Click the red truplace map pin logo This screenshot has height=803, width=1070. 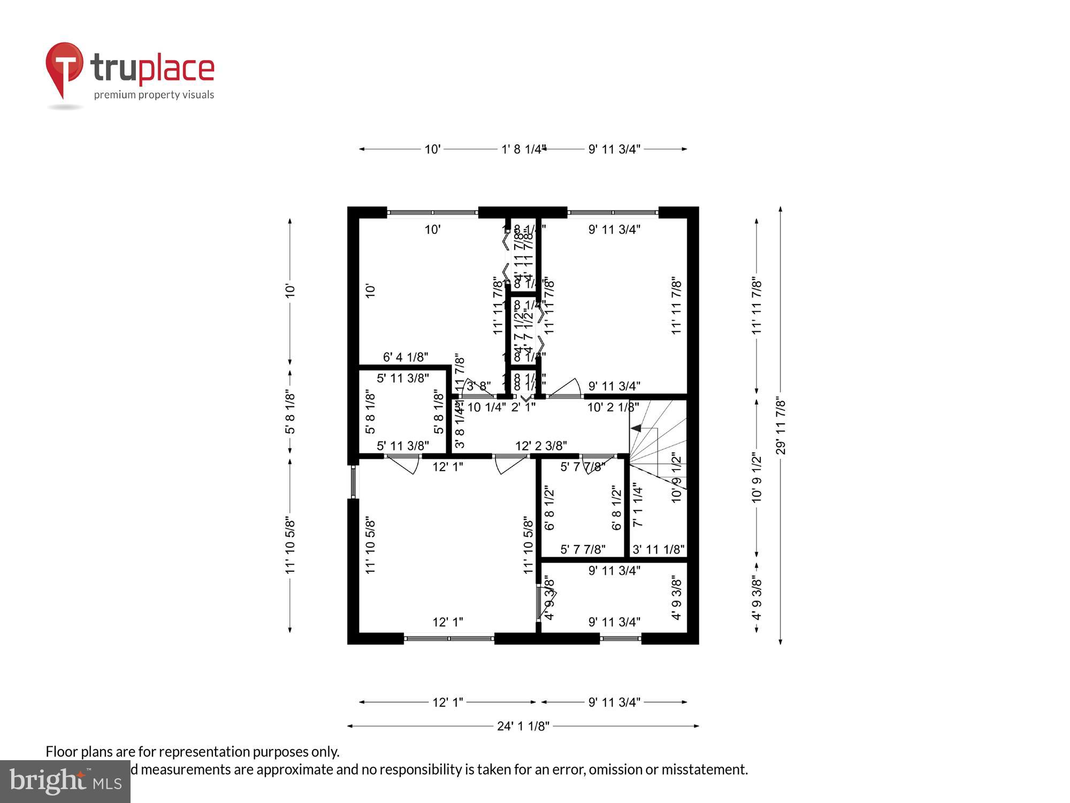(x=64, y=67)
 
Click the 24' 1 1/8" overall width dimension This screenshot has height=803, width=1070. (x=523, y=726)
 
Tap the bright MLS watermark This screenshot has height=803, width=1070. (x=65, y=782)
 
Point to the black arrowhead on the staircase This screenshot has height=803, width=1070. (x=636, y=428)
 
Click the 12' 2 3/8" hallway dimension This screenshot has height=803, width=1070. (x=541, y=446)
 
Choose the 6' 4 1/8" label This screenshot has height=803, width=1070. (x=406, y=357)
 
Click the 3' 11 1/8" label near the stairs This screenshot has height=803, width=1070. (x=658, y=549)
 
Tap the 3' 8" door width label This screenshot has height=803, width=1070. (x=478, y=386)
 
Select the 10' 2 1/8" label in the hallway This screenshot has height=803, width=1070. (x=613, y=407)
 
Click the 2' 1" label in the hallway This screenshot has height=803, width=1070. (x=523, y=407)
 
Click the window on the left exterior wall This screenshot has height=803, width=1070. (x=353, y=481)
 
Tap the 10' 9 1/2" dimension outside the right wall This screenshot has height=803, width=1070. (x=756, y=478)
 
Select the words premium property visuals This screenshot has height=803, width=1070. (x=154, y=95)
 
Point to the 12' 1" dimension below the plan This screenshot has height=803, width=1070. (x=447, y=702)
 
